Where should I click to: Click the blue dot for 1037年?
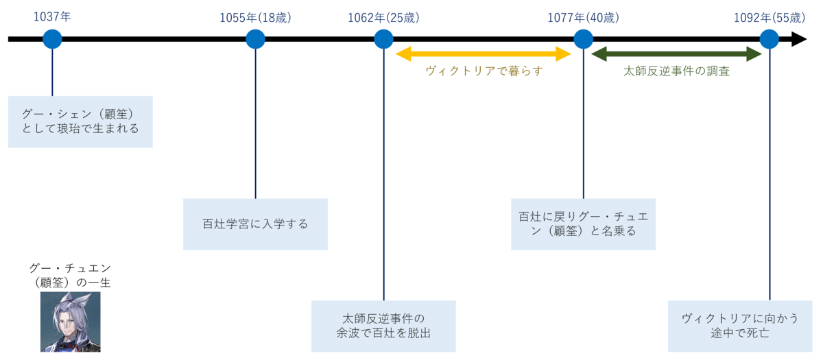pos(52,39)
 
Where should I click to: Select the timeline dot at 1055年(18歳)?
pos(255,39)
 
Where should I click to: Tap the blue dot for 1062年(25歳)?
pos(383,39)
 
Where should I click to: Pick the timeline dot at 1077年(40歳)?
pos(584,39)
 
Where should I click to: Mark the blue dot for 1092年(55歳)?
pos(770,39)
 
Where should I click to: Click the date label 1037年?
pos(52,17)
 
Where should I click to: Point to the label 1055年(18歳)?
pos(255,18)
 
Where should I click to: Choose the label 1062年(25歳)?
pos(383,18)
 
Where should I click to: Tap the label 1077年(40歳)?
pos(584,18)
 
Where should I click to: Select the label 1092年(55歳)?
pos(770,18)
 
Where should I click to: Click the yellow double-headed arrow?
pos(483,54)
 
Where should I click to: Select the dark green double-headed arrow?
pos(676,54)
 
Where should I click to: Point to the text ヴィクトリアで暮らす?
pos(484,71)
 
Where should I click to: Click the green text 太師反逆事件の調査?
pos(676,71)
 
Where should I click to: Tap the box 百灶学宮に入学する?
pos(255,224)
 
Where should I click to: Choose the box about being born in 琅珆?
pos(80,122)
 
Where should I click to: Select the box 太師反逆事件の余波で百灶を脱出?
pos(383,326)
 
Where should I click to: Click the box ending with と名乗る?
pos(584,224)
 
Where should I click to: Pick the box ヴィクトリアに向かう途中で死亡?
pos(740,326)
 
